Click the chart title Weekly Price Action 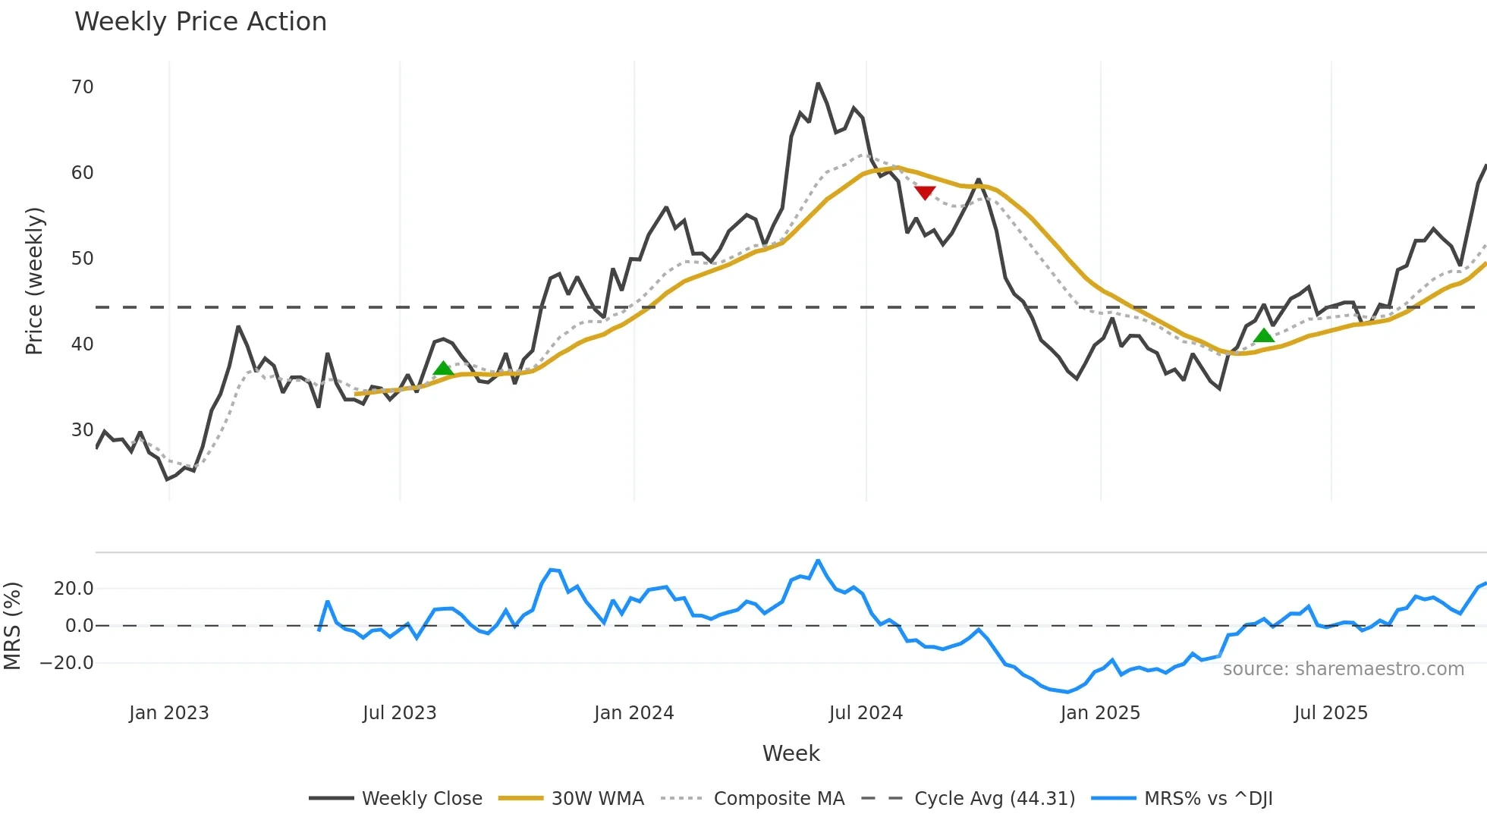click(200, 22)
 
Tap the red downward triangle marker click(924, 193)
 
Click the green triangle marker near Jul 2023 click(443, 369)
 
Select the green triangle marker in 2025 click(1263, 335)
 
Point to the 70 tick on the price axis click(82, 87)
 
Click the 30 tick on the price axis click(82, 430)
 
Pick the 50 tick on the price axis click(82, 259)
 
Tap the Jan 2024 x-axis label click(633, 713)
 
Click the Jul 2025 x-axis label click(1331, 713)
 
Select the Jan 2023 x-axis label click(168, 713)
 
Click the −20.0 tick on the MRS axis click(66, 663)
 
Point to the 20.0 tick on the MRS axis click(74, 589)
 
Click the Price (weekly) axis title click(34, 281)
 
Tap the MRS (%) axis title click(13, 626)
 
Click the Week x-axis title click(791, 753)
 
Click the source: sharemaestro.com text click(1343, 669)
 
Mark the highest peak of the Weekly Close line click(818, 83)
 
